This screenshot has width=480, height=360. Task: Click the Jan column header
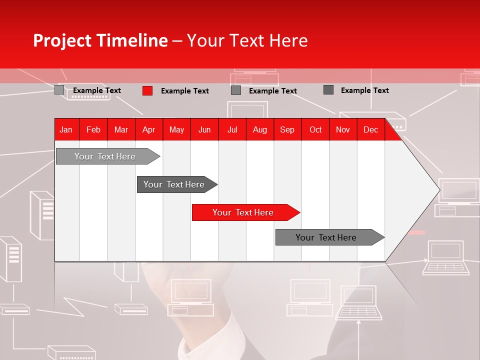[66, 130]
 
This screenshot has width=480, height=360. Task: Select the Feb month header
[93, 130]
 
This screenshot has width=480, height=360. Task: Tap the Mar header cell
[121, 130]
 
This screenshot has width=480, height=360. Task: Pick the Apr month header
[148, 130]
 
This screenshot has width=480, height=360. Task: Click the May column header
[176, 130]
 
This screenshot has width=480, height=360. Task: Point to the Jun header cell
[204, 130]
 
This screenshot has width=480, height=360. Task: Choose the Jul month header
[232, 130]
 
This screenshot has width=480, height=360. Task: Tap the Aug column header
[259, 130]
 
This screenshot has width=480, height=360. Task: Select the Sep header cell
[287, 130]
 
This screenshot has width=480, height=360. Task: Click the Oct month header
[315, 130]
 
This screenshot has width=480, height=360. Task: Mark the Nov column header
[343, 130]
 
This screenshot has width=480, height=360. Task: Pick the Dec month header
[370, 130]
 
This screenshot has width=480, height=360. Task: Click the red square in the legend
[147, 90]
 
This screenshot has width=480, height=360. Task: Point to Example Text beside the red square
[185, 91]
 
